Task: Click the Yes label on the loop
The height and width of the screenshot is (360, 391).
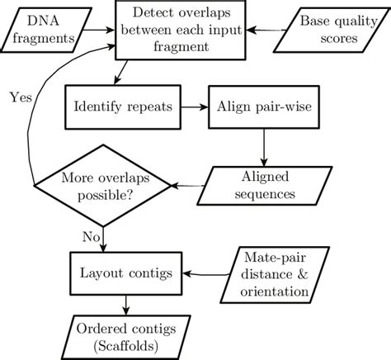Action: point(21,96)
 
